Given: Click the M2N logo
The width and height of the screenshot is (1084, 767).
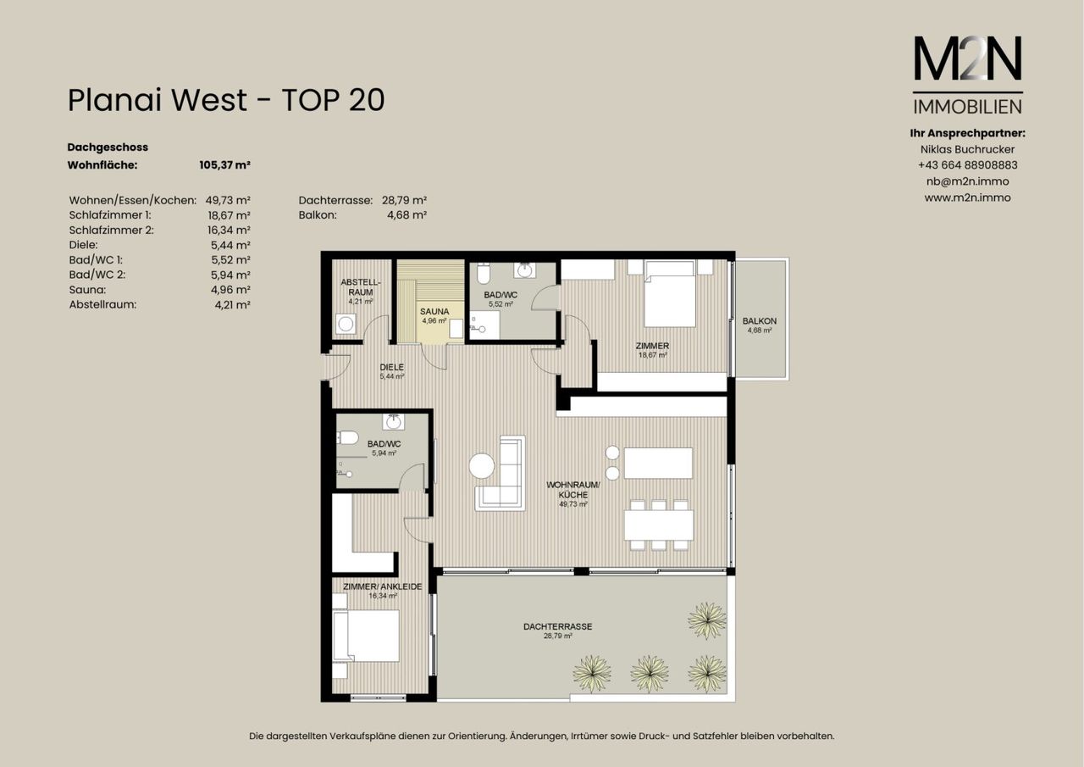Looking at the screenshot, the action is click(968, 75).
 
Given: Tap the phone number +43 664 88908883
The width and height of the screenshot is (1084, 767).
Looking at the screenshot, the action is click(968, 165).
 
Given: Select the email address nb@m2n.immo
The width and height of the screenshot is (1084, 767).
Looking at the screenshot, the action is click(968, 181).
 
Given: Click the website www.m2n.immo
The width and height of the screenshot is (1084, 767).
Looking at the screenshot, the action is click(968, 197).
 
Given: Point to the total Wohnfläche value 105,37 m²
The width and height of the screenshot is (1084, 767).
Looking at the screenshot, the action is click(224, 165).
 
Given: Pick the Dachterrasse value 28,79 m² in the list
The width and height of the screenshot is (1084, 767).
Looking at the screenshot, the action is click(404, 200).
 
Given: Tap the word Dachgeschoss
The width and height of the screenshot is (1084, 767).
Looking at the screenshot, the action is click(108, 147).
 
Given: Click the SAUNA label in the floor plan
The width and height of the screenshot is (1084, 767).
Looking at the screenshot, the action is click(434, 311).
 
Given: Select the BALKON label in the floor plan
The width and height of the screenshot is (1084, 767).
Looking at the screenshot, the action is click(760, 320).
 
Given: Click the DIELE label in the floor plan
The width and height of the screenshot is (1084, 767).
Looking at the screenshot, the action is click(391, 367).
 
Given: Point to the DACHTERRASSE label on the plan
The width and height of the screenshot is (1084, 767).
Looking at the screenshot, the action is click(557, 626).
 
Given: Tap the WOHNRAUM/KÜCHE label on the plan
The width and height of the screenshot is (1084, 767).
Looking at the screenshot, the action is click(573, 490).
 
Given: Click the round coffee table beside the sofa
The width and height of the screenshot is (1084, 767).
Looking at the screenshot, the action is click(482, 466).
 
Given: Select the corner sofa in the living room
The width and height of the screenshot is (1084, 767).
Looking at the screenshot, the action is click(501, 473).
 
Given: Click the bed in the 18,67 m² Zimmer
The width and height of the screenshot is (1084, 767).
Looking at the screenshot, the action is click(670, 293).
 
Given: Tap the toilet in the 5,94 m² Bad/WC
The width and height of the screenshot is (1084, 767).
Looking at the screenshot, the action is click(347, 437).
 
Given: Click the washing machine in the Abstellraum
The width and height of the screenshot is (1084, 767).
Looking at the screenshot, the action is click(346, 324).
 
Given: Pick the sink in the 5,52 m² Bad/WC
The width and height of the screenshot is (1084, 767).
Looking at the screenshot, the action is click(524, 270).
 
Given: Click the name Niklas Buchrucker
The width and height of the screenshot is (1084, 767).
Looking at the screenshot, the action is click(968, 149).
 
